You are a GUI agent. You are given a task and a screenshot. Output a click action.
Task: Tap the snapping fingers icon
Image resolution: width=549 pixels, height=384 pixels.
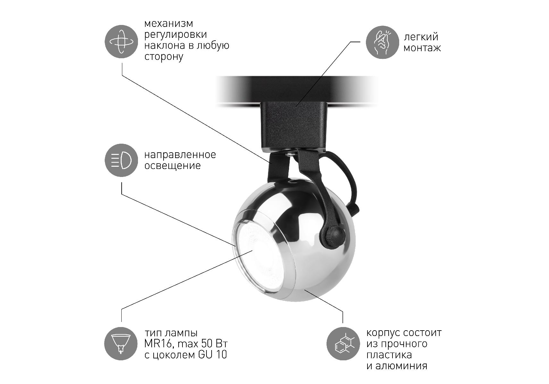click(382, 42)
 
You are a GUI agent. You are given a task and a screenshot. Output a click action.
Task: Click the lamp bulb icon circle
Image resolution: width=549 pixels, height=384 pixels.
click(121, 344)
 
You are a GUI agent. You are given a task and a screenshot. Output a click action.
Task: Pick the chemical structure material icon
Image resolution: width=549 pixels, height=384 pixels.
click(343, 344)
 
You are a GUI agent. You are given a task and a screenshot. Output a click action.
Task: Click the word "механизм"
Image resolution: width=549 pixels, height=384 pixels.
click(169, 24)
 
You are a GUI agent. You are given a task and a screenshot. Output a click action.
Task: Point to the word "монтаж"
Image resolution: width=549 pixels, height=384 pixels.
click(422, 48)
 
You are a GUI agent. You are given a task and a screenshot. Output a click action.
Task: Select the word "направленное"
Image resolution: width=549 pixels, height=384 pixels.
click(180, 155)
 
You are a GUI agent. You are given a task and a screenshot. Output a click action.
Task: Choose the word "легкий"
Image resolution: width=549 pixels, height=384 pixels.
click(421, 37)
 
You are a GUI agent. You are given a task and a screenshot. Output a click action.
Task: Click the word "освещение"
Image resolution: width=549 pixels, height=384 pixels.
click(173, 166)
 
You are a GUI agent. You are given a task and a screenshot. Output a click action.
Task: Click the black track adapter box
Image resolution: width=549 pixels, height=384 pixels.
click(294, 127)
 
